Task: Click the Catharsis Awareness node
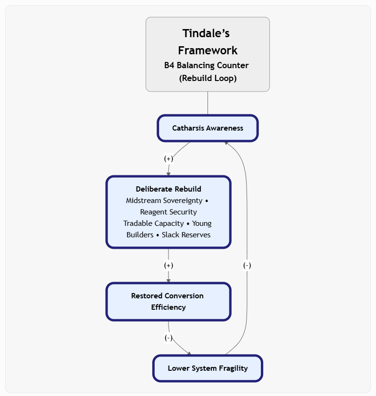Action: click(208, 128)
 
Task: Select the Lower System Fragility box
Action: click(208, 368)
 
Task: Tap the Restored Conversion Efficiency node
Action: click(168, 302)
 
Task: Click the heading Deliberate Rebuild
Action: click(168, 189)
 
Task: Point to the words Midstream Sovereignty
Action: click(164, 201)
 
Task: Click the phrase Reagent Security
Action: click(168, 212)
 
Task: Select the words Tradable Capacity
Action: click(154, 223)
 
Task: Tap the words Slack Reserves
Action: click(186, 234)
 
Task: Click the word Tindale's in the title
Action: click(206, 33)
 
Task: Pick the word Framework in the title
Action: click(208, 50)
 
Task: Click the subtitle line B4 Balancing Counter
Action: click(207, 65)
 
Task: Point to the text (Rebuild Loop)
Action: click(208, 78)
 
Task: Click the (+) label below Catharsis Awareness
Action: click(168, 159)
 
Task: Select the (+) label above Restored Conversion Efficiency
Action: click(168, 265)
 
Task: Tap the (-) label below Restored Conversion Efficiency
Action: click(168, 338)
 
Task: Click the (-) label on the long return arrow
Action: click(247, 265)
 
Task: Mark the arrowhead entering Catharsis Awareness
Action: click(226, 143)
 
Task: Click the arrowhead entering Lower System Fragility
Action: click(189, 353)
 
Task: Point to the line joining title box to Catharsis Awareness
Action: click(208, 103)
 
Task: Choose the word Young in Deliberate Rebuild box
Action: click(202, 223)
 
